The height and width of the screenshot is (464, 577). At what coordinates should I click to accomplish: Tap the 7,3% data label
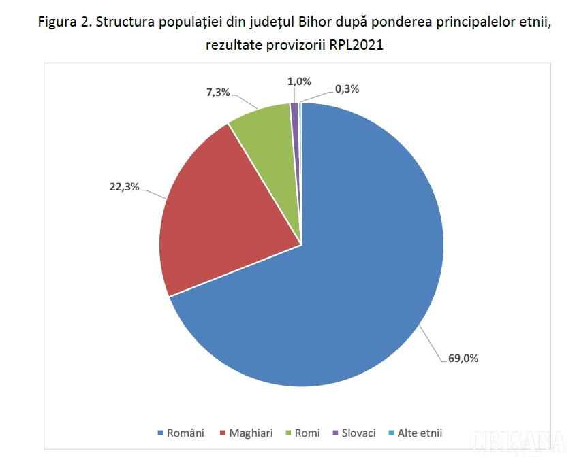pos(218,93)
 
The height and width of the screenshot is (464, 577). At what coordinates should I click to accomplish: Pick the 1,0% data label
pos(299,81)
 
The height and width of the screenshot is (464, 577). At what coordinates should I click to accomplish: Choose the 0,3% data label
pos(347,88)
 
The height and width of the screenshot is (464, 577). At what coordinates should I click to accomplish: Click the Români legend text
pos(185,433)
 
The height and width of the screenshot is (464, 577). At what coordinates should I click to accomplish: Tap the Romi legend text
pos(307,433)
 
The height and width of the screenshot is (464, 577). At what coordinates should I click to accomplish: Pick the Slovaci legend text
pos(359,433)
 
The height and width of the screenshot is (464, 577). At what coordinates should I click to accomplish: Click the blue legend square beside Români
pos(161,433)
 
